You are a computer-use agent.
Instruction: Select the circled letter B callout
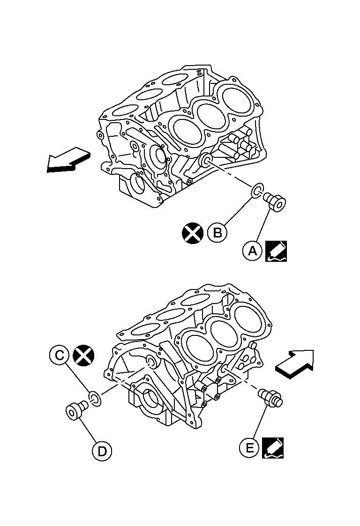[x=217, y=232]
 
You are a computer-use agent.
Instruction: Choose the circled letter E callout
[x=249, y=448]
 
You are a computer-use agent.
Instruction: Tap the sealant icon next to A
[x=276, y=251]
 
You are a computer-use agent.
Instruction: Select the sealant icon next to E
[x=273, y=447]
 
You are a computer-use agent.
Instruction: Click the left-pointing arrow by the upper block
[x=67, y=159]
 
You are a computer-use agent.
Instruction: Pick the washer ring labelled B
[x=256, y=191]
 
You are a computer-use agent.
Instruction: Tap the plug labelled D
[x=75, y=410]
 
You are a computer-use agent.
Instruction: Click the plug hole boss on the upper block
[x=205, y=161]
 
